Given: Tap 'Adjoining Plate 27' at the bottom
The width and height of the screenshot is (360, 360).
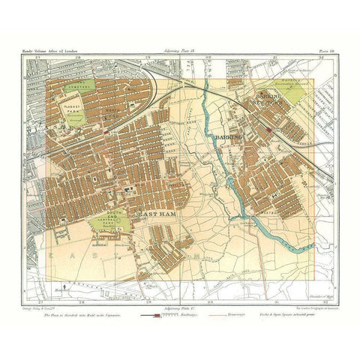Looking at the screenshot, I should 177,298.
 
